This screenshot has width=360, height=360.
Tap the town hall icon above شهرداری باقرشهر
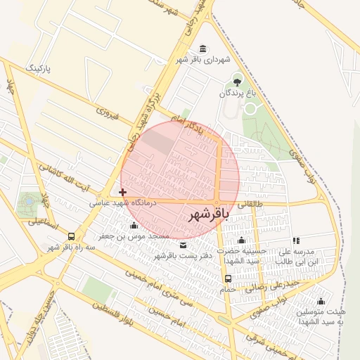click(x=203, y=48)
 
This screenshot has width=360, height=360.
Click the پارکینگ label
click(x=39, y=68)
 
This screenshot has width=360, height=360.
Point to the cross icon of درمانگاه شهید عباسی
click(x=123, y=191)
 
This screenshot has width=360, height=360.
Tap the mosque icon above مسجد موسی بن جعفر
click(x=134, y=226)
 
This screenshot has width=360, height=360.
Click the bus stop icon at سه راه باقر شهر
click(x=72, y=236)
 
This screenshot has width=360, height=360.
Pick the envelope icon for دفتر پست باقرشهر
click(x=183, y=245)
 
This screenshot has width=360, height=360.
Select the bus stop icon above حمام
click(x=227, y=278)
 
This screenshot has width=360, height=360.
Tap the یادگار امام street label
click(x=188, y=122)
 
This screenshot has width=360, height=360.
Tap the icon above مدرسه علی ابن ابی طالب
click(x=296, y=240)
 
